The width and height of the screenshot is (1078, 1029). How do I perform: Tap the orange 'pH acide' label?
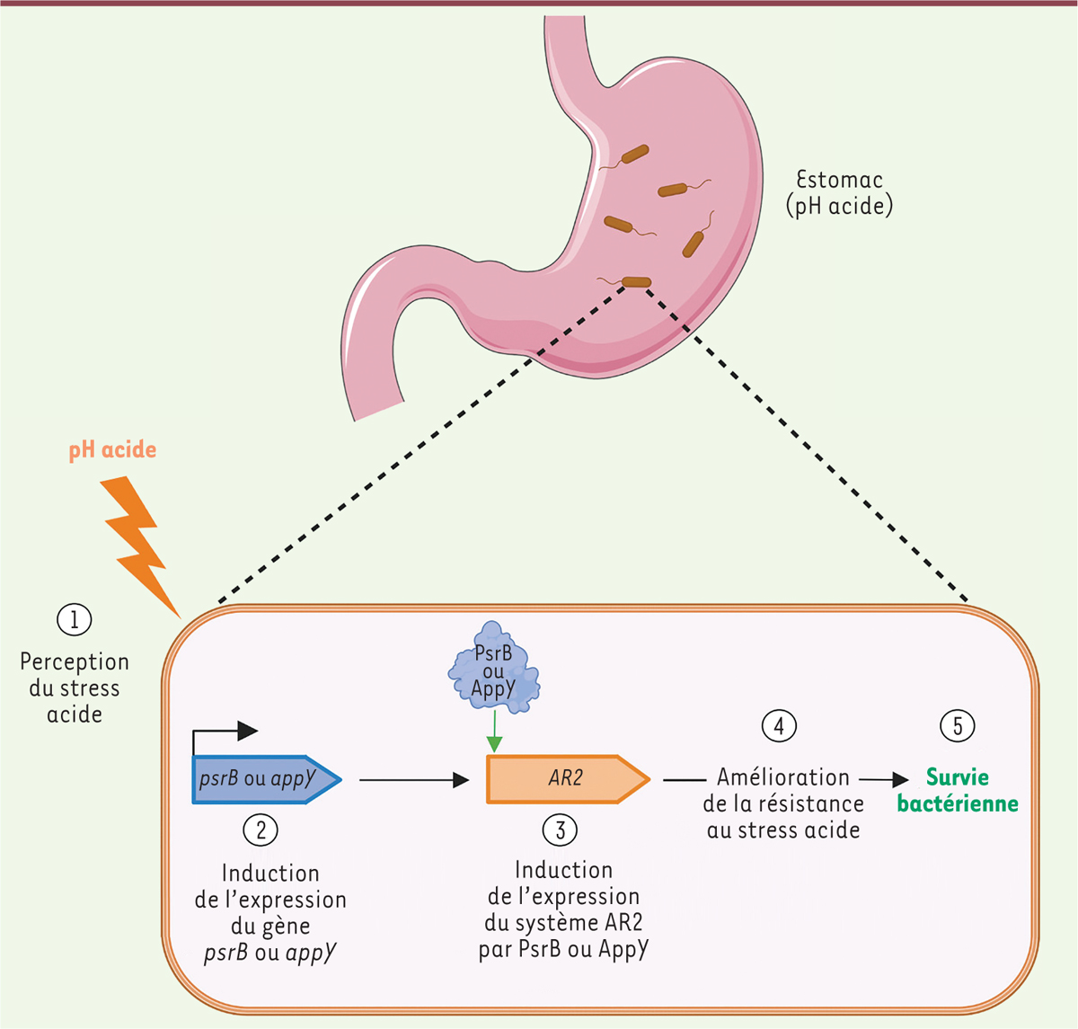(112, 449)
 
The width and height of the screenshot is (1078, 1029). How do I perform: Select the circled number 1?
(75, 619)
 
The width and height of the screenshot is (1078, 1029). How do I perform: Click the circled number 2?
(261, 829)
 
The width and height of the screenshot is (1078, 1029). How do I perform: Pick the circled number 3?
(560, 829)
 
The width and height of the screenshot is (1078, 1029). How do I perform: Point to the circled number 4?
(779, 725)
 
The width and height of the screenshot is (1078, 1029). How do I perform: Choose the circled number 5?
(958, 725)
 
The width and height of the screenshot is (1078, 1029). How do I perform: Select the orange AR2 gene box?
(566, 778)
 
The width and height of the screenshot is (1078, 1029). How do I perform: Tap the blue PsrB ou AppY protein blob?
(493, 669)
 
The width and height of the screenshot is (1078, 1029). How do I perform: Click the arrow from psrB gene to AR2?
(414, 780)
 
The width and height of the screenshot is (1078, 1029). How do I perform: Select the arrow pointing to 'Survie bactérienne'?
(885, 780)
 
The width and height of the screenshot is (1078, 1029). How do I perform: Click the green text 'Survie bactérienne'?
(958, 790)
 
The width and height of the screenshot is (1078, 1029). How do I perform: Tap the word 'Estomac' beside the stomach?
(839, 180)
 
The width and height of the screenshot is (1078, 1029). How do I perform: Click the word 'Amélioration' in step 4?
(783, 777)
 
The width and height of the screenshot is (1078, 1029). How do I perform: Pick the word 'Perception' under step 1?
(75, 662)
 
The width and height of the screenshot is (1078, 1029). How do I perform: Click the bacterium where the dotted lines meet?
(636, 282)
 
